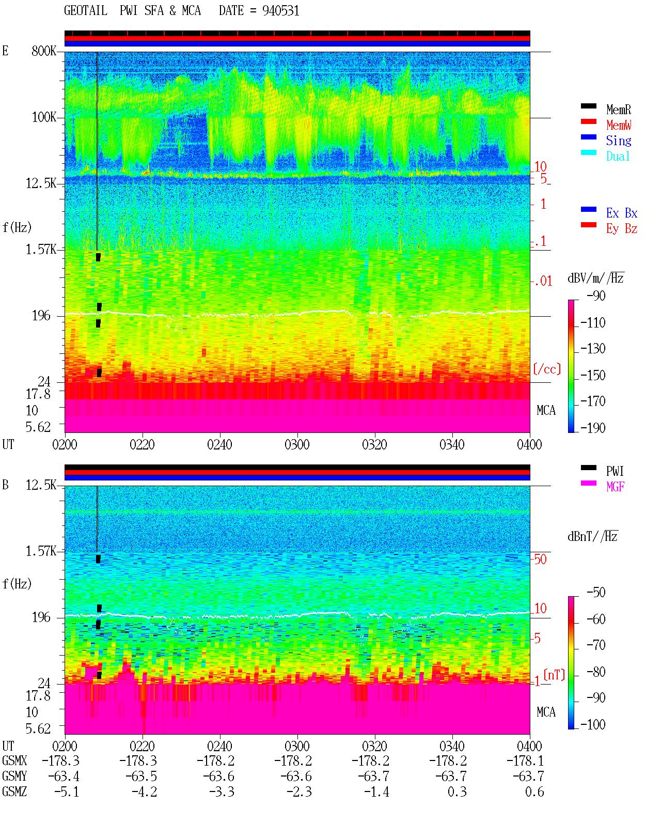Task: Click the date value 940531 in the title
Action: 280,11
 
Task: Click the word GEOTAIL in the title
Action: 86,11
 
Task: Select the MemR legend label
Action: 618,110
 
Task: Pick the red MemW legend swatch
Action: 588,121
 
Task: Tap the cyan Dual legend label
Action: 618,156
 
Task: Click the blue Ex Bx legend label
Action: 621,213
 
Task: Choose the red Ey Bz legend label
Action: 621,229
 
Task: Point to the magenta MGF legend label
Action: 615,487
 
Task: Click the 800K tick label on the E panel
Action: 44,51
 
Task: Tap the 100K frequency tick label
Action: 44,117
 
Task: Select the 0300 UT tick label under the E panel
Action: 297,444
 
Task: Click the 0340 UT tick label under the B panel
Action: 452,746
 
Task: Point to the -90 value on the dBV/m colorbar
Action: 596,296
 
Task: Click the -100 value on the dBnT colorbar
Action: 593,724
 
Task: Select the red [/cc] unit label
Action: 547,369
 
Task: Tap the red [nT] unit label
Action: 554,675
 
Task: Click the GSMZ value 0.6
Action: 534,791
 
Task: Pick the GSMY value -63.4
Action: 64,777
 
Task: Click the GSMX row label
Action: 14,760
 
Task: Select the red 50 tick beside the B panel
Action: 540,559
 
